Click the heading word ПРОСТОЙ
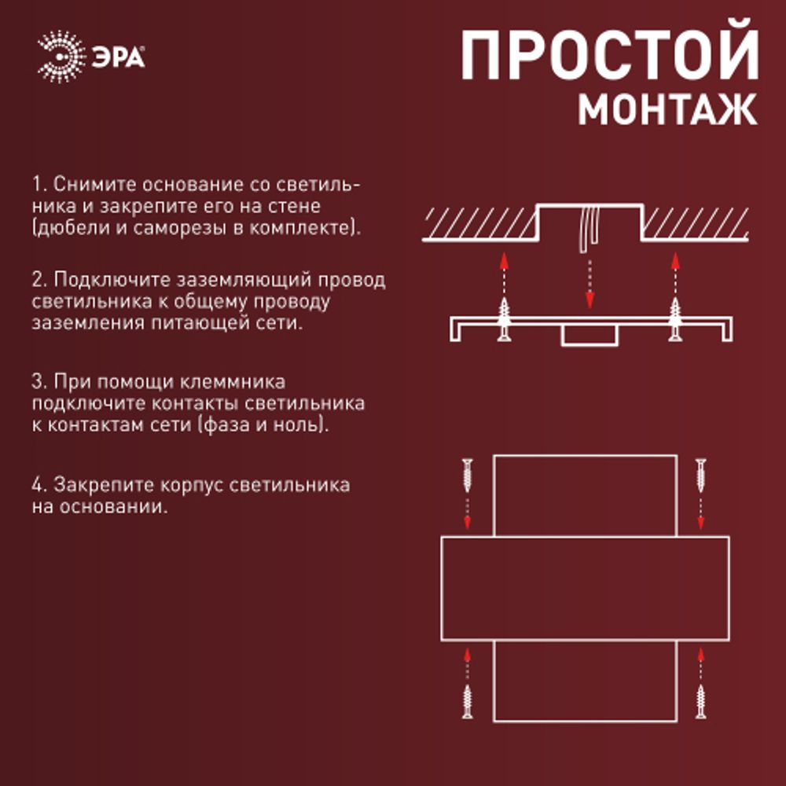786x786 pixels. click(x=609, y=57)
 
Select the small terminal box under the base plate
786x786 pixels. click(x=589, y=336)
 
